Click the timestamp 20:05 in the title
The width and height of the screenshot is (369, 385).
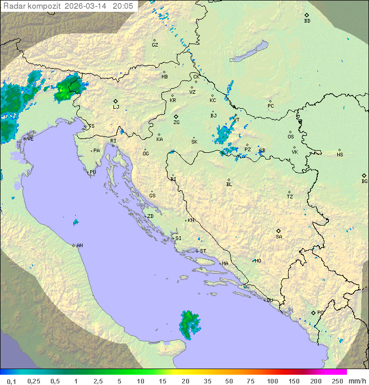[x=122, y=6]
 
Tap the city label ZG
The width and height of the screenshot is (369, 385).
[x=176, y=123]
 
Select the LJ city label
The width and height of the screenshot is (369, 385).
[x=116, y=107]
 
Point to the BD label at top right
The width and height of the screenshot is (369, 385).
[x=307, y=21]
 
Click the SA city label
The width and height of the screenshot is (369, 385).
[x=279, y=236]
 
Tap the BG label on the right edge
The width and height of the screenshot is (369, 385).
[x=364, y=181]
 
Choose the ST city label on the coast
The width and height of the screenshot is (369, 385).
[x=203, y=251]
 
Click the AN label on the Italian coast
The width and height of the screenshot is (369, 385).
[x=79, y=246]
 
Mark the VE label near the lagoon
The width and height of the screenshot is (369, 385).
[x=30, y=139]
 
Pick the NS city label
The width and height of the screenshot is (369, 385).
[x=340, y=155]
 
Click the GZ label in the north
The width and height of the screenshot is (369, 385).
[x=155, y=45]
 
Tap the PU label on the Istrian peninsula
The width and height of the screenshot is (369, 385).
[x=93, y=172]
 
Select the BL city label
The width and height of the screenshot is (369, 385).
[x=229, y=184]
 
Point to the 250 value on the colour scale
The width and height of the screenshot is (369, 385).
[x=337, y=381]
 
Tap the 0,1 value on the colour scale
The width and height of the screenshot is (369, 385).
[x=11, y=381]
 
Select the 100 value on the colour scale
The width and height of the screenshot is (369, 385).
[x=272, y=381]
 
